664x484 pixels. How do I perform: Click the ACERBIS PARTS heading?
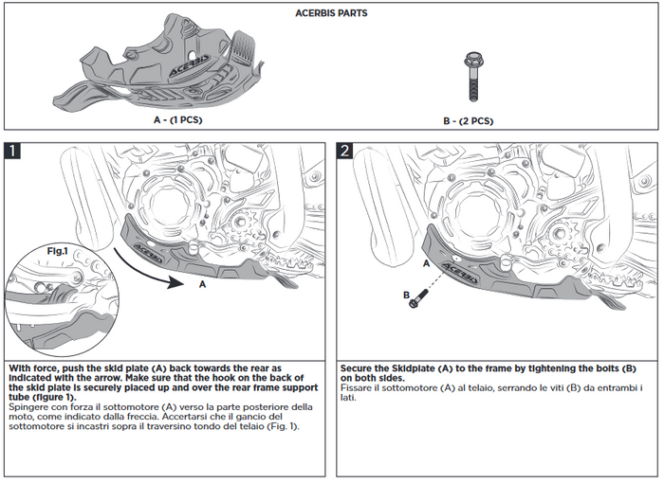[332, 15]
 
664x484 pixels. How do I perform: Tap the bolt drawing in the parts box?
[470, 77]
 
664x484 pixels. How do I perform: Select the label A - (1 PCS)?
[177, 120]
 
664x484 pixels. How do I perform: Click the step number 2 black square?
[345, 151]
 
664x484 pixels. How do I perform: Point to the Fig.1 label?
[59, 251]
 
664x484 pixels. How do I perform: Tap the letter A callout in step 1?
[202, 283]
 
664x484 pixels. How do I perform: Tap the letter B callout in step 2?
[406, 295]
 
